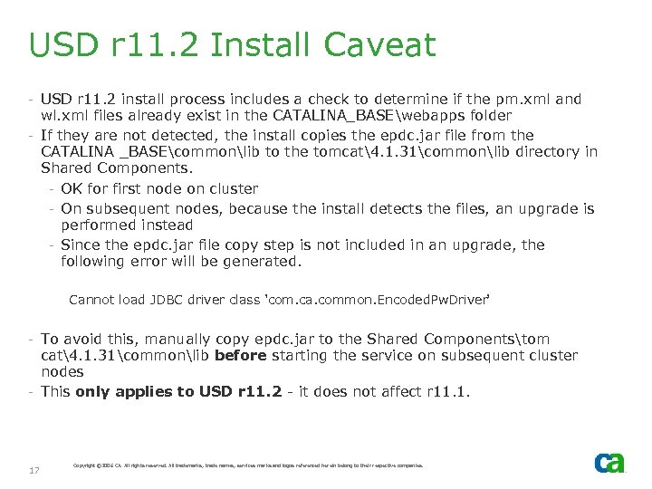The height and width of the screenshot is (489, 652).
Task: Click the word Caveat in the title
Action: pyautogui.click(x=384, y=45)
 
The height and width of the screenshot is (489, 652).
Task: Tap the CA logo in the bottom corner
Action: pyautogui.click(x=609, y=463)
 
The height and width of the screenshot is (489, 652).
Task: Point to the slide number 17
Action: pyautogui.click(x=34, y=470)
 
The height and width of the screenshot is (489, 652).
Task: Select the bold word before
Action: pyautogui.click(x=241, y=355)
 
